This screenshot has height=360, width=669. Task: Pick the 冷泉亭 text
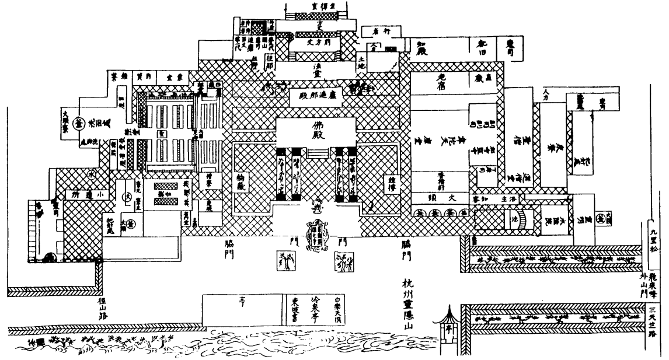(316, 312)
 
